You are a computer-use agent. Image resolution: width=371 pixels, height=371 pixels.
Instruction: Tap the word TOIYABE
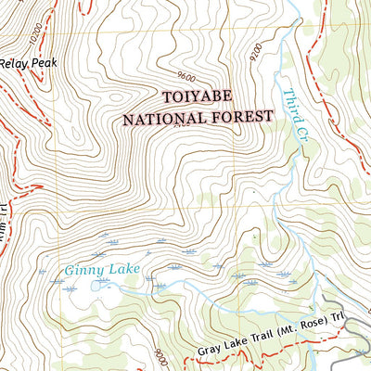[200, 96]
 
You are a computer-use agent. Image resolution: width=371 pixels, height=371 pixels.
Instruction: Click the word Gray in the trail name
[210, 352]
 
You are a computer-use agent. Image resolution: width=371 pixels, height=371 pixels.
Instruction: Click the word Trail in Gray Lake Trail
[260, 342]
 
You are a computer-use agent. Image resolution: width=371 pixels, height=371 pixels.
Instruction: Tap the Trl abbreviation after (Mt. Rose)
[339, 327]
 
